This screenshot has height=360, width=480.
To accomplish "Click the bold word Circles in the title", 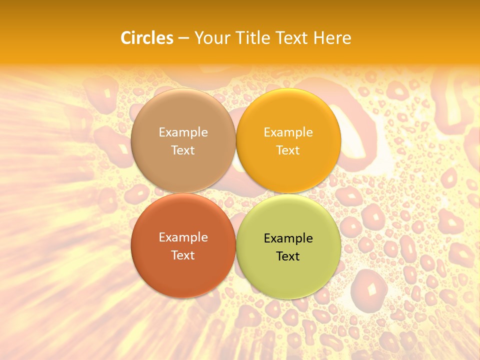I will coord(147,38).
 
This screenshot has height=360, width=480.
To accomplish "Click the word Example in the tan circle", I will coord(183,132).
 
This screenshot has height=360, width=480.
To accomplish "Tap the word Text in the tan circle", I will coord(183,150).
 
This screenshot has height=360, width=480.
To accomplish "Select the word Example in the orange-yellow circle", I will coord(288,132).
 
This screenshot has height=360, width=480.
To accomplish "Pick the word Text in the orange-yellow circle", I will coord(288,150).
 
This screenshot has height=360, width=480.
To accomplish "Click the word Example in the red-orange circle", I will coord(183,237).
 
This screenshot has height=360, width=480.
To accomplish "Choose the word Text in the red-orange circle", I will coord(183,255).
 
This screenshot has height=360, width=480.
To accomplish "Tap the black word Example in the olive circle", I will coord(288,238).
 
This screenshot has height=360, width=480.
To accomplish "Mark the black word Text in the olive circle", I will coord(288,256).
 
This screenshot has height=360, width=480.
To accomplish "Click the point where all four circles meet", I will coord(236,193).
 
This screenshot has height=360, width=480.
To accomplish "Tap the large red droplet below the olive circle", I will coord(369,289).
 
